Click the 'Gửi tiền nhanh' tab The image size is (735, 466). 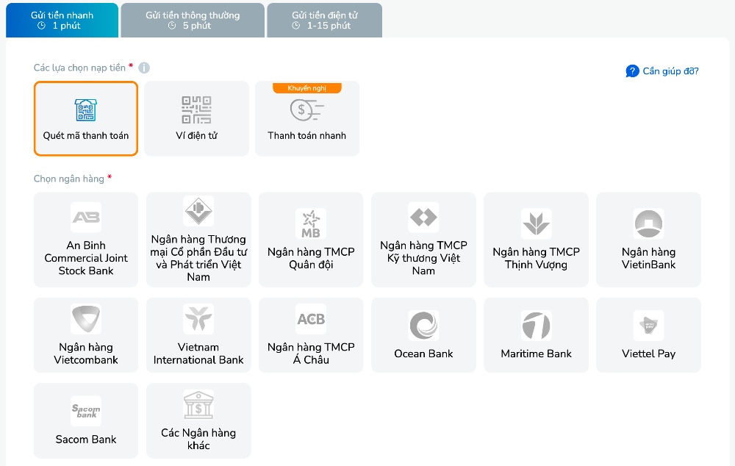(x=62, y=20)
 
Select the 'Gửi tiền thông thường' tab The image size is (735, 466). (x=193, y=20)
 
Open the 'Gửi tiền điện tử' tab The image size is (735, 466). (x=324, y=20)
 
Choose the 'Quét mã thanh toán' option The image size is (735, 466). (x=86, y=118)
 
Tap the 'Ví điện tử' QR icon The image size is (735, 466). (x=196, y=110)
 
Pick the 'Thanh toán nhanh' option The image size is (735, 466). (x=307, y=118)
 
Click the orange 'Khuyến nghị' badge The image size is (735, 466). (x=307, y=88)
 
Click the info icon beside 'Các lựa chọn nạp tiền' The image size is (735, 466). (x=144, y=68)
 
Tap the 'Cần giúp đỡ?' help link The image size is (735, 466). (x=662, y=71)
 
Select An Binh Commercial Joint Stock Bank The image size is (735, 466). (x=86, y=240)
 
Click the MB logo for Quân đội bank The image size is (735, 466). (x=311, y=223)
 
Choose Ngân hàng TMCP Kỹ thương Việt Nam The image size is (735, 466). (x=423, y=240)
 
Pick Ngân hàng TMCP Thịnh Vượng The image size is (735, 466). (x=536, y=240)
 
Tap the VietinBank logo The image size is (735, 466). (x=649, y=223)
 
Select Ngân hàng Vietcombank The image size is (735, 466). (x=86, y=335)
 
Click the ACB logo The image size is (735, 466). (x=311, y=319)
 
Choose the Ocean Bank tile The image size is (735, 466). (x=423, y=335)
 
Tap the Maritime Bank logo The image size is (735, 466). (x=537, y=326)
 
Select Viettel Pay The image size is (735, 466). (x=649, y=335)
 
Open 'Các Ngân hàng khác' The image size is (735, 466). (x=198, y=420)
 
